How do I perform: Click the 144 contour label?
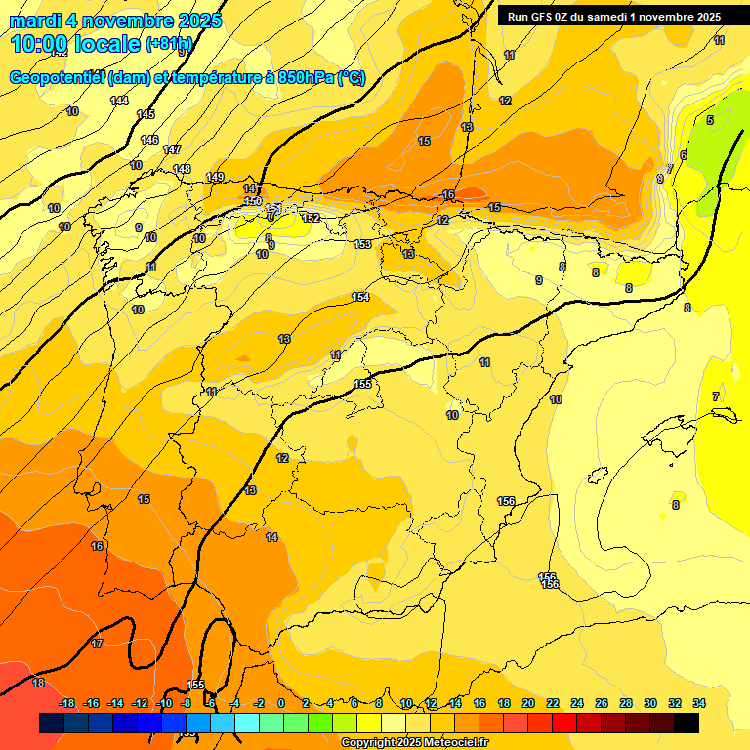119,101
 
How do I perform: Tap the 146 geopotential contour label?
149,140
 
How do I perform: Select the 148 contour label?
182,169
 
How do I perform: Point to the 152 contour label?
312,218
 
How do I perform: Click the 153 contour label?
362,244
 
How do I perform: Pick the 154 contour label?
360,297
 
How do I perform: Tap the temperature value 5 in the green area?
710,120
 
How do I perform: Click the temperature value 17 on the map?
97,644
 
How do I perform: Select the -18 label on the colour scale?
66,703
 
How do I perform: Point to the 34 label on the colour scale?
699,703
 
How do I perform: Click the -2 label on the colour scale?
258,703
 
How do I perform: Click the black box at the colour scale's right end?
687,723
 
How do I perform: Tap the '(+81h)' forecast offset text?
169,44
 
